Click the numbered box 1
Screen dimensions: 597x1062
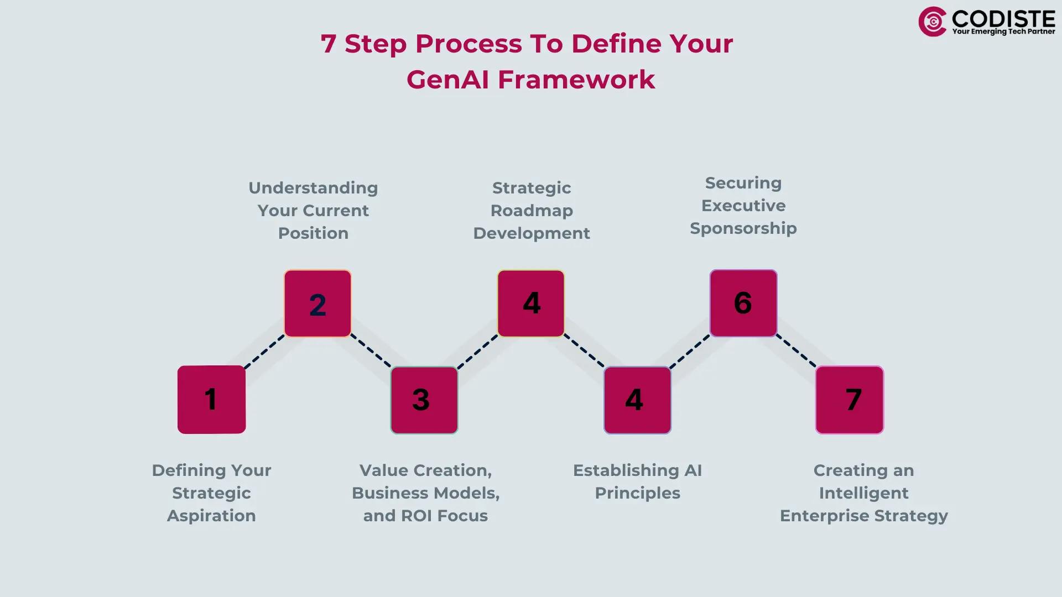tap(211, 399)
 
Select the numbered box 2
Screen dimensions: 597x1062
tap(317, 303)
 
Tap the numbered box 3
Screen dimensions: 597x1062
tap(424, 400)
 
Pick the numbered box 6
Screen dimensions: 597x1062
tap(743, 303)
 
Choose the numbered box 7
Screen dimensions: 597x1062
tap(850, 400)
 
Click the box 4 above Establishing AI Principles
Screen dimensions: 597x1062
tap(637, 400)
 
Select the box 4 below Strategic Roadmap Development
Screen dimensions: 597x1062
tap(531, 303)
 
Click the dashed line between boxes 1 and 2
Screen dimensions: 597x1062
tap(264, 352)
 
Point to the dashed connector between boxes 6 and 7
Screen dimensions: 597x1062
tap(796, 351)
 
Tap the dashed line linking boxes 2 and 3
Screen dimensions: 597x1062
tap(371, 351)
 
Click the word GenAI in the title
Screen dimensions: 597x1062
tap(448, 80)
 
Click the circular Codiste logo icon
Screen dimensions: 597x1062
tap(933, 22)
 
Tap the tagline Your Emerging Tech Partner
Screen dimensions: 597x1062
tap(1003, 32)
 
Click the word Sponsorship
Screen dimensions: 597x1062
tap(743, 228)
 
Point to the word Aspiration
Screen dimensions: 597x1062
tap(211, 516)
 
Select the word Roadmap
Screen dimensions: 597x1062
tap(532, 211)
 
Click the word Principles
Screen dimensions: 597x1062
tap(637, 493)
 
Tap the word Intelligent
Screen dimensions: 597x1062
tap(863, 493)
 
